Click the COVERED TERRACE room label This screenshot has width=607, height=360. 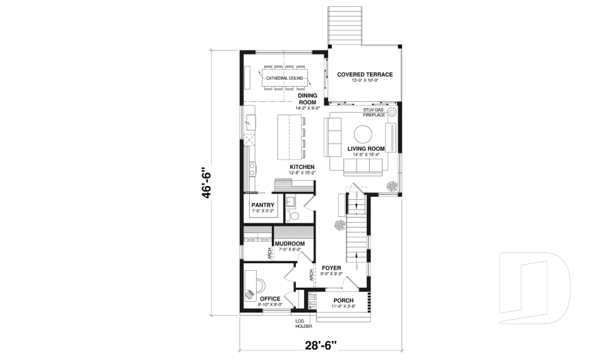tap(364, 75)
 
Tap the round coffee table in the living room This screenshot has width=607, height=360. tap(363, 134)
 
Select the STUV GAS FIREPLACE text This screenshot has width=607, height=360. tap(374, 113)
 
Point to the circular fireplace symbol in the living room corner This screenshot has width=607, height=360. tap(392, 113)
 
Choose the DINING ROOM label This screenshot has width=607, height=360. tap(307, 99)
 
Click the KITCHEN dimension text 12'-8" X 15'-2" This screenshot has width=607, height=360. tap(302, 173)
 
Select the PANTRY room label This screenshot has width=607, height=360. tap(262, 205)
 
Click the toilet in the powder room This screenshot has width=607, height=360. tap(293, 216)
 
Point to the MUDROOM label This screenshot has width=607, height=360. tap(290, 244)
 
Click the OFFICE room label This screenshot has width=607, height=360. tap(269, 299)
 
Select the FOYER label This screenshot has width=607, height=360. tap(331, 268)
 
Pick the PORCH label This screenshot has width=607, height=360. tap(343, 300)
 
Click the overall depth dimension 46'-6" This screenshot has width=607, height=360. tap(204, 183)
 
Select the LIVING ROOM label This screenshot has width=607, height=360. tap(366, 149)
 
